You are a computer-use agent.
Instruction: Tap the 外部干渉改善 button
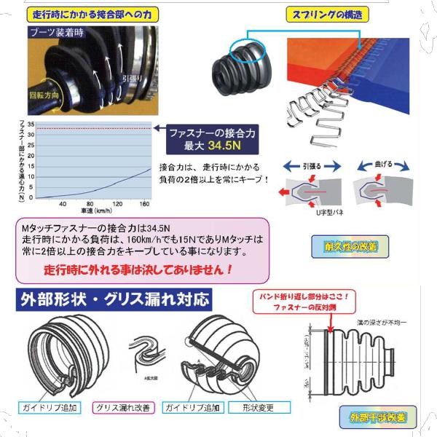coord(377,417)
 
